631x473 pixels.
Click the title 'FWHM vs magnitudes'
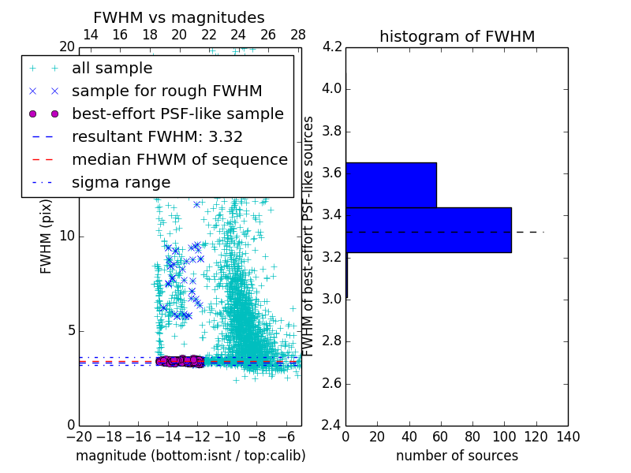click(178, 17)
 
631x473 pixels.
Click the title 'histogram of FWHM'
click(457, 36)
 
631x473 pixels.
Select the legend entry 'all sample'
click(112, 69)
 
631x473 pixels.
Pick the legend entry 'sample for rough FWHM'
click(166, 91)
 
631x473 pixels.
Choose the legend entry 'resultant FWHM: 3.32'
click(157, 136)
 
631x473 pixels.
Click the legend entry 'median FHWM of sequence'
click(179, 159)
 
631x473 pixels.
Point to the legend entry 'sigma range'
click(121, 182)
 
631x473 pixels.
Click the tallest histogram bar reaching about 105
click(428, 229)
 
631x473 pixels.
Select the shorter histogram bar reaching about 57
click(391, 184)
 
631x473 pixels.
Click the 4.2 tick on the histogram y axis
click(332, 47)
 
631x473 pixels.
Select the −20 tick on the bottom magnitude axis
click(79, 437)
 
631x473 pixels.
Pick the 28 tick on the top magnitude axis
click(298, 35)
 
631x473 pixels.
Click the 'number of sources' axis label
click(457, 456)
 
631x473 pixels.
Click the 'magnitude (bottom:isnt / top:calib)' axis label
click(190, 456)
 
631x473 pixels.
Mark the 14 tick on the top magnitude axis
click(91, 35)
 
